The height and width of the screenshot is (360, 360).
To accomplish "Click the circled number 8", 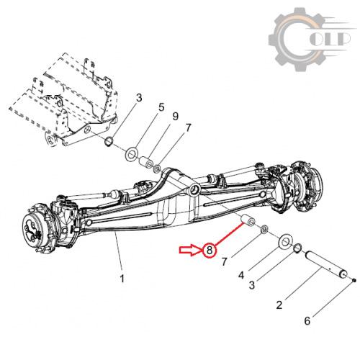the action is (210, 251).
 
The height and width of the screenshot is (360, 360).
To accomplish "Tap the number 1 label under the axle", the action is (122, 279).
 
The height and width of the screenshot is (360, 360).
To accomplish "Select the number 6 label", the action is (307, 321).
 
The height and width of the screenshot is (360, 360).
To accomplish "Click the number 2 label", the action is (279, 305).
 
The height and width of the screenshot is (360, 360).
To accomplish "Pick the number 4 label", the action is (241, 275).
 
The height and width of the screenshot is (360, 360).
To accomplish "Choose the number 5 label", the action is (161, 107).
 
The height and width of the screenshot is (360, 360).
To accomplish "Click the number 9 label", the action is (176, 117).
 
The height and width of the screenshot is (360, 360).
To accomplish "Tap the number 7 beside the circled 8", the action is (225, 261).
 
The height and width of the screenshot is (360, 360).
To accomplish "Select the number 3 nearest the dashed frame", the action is (139, 98).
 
